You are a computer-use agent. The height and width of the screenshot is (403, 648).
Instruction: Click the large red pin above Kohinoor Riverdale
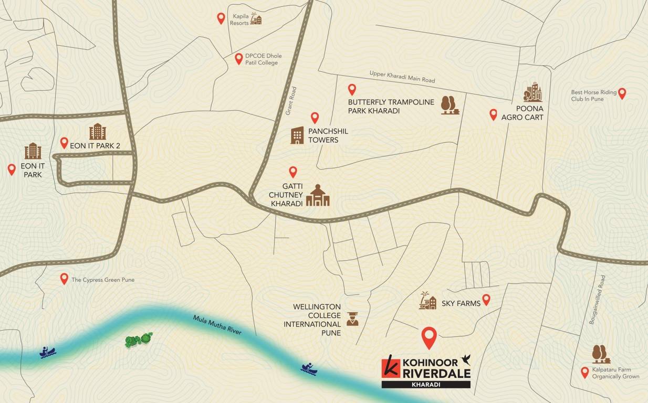pyautogui.click(x=430, y=337)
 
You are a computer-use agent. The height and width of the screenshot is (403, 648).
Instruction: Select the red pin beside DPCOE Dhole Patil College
pyautogui.click(x=239, y=59)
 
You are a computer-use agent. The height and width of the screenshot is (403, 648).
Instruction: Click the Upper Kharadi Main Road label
pyautogui.click(x=402, y=77)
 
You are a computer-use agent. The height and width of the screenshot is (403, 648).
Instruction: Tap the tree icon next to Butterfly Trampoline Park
pyautogui.click(x=450, y=105)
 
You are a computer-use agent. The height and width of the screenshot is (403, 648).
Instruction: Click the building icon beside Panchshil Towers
pyautogui.click(x=297, y=135)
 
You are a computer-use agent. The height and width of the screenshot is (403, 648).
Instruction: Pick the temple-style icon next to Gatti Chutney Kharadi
pyautogui.click(x=318, y=195)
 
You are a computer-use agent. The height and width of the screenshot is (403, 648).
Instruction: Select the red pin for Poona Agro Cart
pyautogui.click(x=493, y=114)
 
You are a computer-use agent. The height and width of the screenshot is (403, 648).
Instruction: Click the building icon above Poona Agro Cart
pyautogui.click(x=532, y=92)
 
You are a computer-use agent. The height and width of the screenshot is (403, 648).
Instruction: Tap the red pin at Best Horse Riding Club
pyautogui.click(x=622, y=93)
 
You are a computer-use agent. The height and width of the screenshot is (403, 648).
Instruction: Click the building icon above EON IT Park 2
pyautogui.click(x=97, y=131)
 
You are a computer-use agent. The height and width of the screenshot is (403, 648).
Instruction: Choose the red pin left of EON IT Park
pyautogui.click(x=12, y=169)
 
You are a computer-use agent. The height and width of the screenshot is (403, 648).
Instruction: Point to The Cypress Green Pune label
pyautogui.click(x=103, y=280)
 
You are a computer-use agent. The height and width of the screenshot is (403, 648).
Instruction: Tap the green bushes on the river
pyautogui.click(x=139, y=340)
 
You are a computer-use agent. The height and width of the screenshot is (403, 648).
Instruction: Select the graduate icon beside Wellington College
pyautogui.click(x=352, y=319)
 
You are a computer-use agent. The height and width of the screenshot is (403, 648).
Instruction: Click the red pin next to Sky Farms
pyautogui.click(x=486, y=300)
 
